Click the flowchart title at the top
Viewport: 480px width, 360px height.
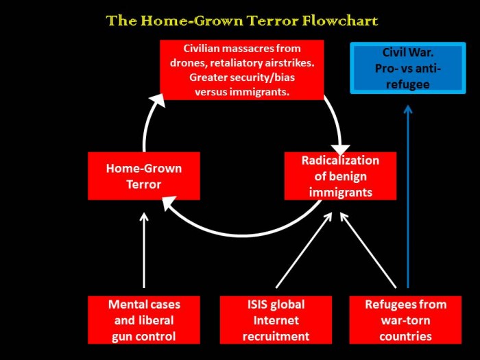point(241,21)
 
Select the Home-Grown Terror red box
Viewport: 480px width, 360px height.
point(144,176)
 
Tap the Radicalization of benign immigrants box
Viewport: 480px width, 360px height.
point(340,176)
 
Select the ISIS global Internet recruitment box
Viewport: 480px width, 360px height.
point(276,320)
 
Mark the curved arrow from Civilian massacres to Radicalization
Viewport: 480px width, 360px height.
point(334,123)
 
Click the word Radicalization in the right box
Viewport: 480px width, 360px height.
point(340,160)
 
